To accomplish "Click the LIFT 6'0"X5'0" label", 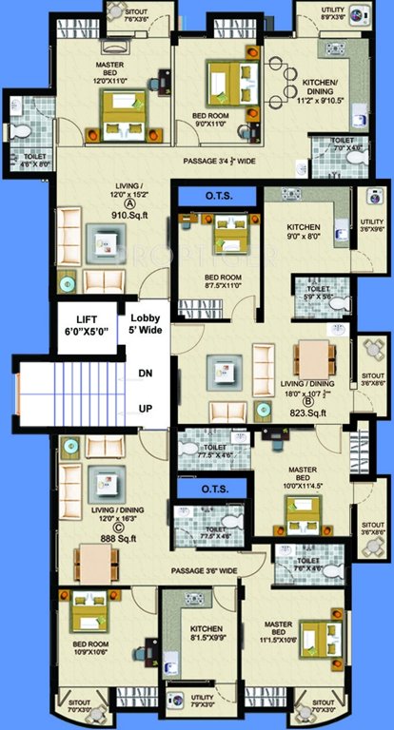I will point(87,326).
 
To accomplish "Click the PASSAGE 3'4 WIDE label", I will point(218,161).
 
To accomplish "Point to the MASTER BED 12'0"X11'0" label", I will point(118,74).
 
